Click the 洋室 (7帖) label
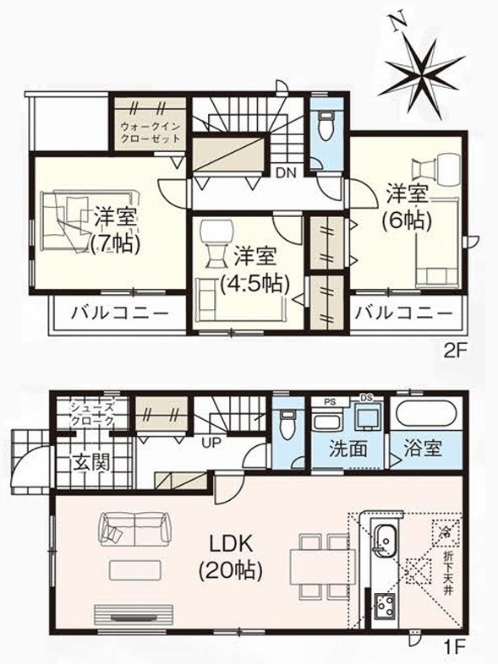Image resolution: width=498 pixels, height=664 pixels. (115, 229)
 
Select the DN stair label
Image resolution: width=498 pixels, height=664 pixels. (284, 174)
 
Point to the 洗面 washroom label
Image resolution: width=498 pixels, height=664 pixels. (348, 449)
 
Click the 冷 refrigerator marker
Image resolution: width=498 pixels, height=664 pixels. (445, 531)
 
